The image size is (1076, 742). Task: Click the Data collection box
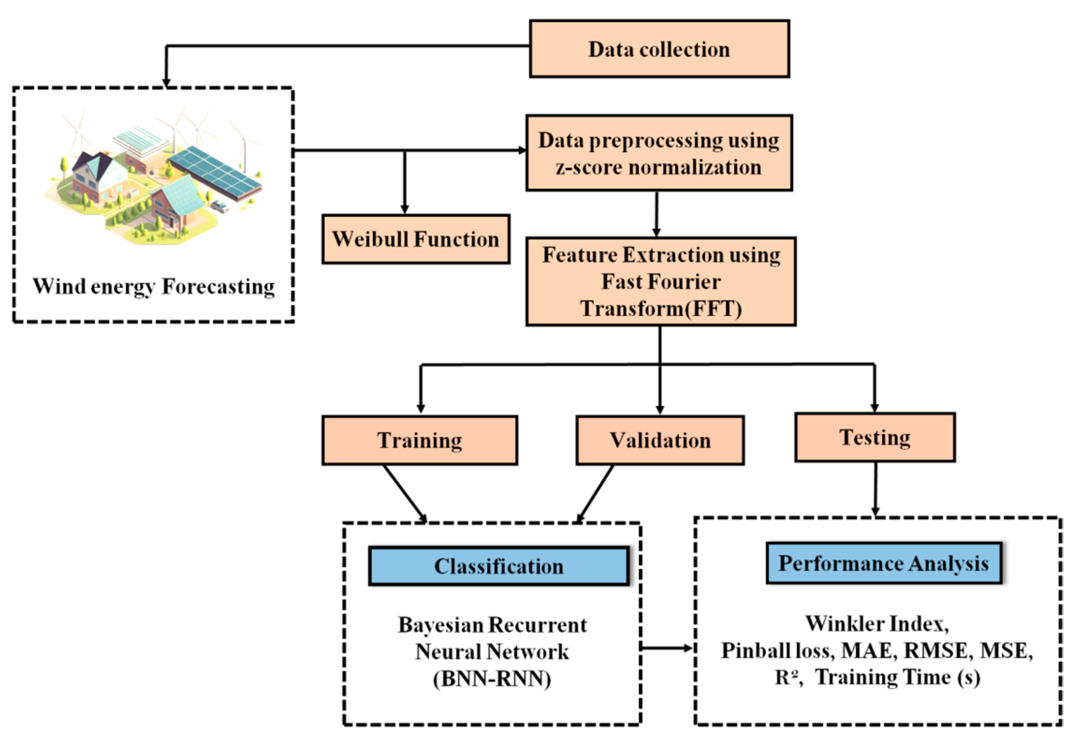click(x=659, y=49)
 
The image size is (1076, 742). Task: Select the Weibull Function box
click(x=415, y=239)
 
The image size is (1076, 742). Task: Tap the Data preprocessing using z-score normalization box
click(x=659, y=153)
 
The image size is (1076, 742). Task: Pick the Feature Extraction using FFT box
click(x=660, y=281)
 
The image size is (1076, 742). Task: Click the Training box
click(x=419, y=440)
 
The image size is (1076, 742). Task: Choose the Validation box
click(x=660, y=440)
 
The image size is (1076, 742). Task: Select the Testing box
click(x=874, y=437)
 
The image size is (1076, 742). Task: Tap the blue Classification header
click(x=498, y=566)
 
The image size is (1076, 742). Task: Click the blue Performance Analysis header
click(x=883, y=563)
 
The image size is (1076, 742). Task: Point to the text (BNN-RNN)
click(x=492, y=678)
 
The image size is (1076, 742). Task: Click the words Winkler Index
click(x=876, y=624)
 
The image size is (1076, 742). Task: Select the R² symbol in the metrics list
click(x=786, y=677)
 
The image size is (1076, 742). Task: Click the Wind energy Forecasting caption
click(x=153, y=287)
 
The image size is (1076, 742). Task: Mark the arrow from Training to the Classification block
click(x=405, y=493)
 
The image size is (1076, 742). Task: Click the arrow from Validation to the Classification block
click(x=595, y=493)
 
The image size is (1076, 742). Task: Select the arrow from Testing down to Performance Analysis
click(x=875, y=489)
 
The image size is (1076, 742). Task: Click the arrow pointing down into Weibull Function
click(x=405, y=183)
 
